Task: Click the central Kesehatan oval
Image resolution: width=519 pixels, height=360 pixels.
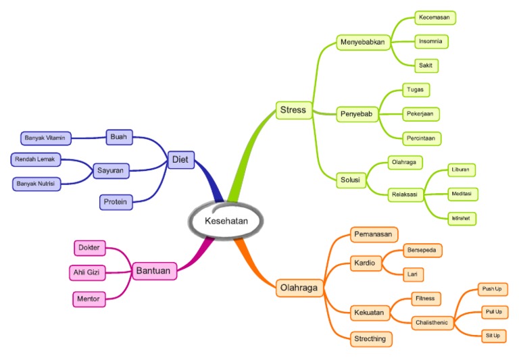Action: [x=226, y=220]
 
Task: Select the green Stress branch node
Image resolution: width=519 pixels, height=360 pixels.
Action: [x=293, y=109]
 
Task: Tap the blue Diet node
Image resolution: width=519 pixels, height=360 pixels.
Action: [x=180, y=160]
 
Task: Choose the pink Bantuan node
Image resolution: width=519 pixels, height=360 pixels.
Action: [x=153, y=271]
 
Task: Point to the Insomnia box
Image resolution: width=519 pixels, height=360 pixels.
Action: [x=430, y=41]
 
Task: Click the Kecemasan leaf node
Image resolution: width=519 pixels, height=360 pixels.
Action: [x=435, y=17]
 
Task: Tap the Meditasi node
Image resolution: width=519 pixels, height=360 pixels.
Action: [x=464, y=194]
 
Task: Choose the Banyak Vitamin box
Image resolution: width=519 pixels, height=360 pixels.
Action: [x=45, y=138]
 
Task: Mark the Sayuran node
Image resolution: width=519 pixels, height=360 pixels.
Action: [x=109, y=171]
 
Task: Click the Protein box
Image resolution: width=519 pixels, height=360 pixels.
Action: [x=115, y=201]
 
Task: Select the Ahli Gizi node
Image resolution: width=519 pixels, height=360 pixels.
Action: [x=88, y=273]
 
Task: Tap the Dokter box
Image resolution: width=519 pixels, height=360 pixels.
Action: [x=89, y=248]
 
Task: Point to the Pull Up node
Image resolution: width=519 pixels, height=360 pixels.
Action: [x=493, y=312]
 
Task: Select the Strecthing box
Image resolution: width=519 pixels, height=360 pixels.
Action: [x=371, y=338]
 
